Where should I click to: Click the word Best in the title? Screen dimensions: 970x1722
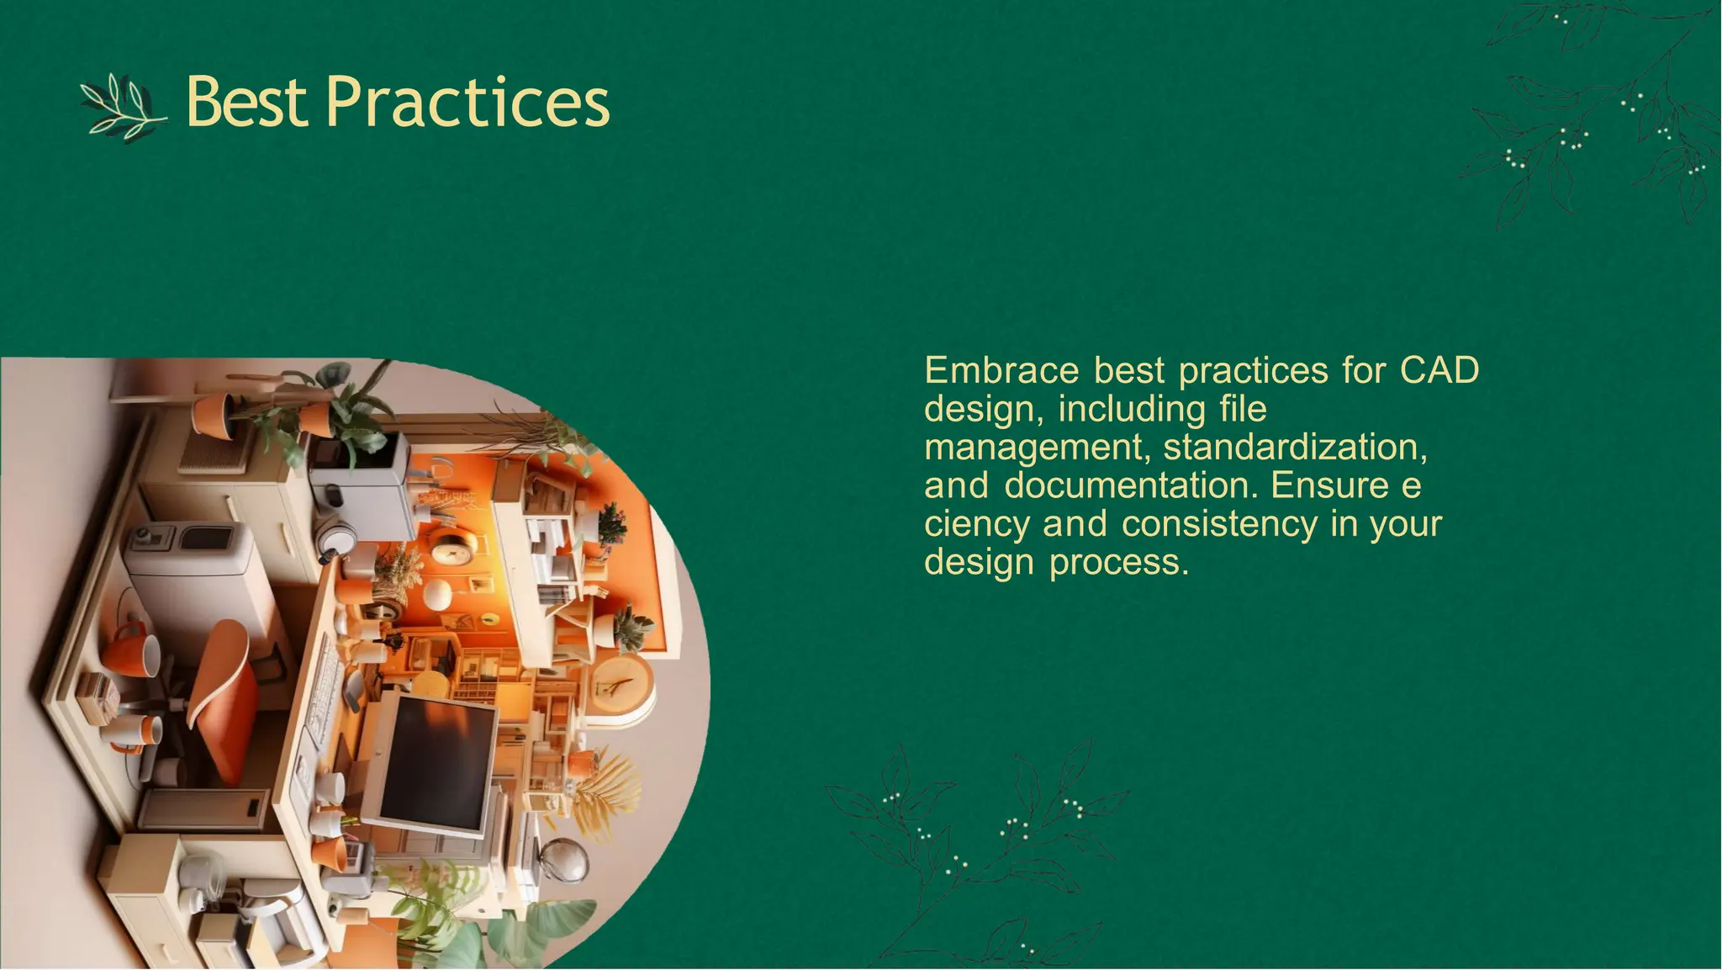(x=246, y=102)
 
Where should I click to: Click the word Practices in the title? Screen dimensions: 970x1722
(x=467, y=102)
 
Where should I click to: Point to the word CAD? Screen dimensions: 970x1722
(x=1439, y=370)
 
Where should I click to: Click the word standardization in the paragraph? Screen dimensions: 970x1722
(x=1295, y=447)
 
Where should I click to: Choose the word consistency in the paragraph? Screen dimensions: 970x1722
(x=1220, y=524)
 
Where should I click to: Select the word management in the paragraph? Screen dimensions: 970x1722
(x=1035, y=447)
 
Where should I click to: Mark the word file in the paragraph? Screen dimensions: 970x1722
(x=1243, y=409)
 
